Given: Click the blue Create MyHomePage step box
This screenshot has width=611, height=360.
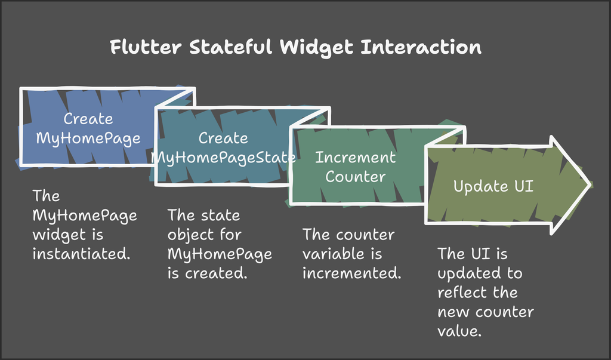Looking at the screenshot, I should click(88, 128).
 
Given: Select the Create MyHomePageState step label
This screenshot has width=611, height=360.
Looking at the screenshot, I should click(223, 147).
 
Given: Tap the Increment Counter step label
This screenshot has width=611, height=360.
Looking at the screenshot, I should click(355, 167).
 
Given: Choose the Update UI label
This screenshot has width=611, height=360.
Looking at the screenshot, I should click(493, 186).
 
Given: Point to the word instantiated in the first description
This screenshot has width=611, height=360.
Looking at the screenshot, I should click(81, 254).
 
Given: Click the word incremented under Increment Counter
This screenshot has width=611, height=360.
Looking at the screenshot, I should click(351, 273).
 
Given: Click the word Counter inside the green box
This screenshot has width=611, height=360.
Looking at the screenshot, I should click(355, 177).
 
